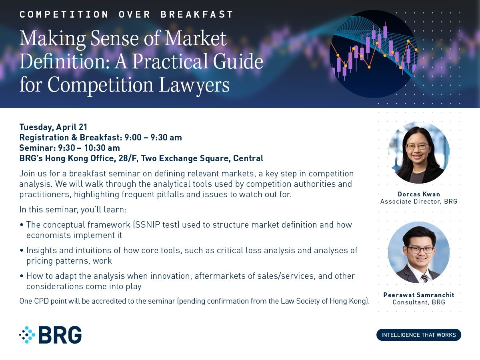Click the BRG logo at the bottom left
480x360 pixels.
(x=50, y=335)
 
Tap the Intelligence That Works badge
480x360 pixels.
(x=418, y=335)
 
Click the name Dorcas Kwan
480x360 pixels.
(x=419, y=194)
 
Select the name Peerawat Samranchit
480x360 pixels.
(x=419, y=295)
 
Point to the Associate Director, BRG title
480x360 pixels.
(x=419, y=201)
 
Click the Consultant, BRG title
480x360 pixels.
(x=419, y=302)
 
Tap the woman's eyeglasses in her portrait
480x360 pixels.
(x=417, y=147)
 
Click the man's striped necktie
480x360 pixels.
(x=424, y=278)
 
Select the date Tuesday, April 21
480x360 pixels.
(x=53, y=127)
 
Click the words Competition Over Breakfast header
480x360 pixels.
(x=126, y=14)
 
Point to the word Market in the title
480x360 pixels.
(x=195, y=38)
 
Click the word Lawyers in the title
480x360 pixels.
(x=194, y=85)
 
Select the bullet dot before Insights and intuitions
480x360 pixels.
(x=22, y=250)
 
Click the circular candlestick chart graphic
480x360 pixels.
(x=374, y=54)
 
